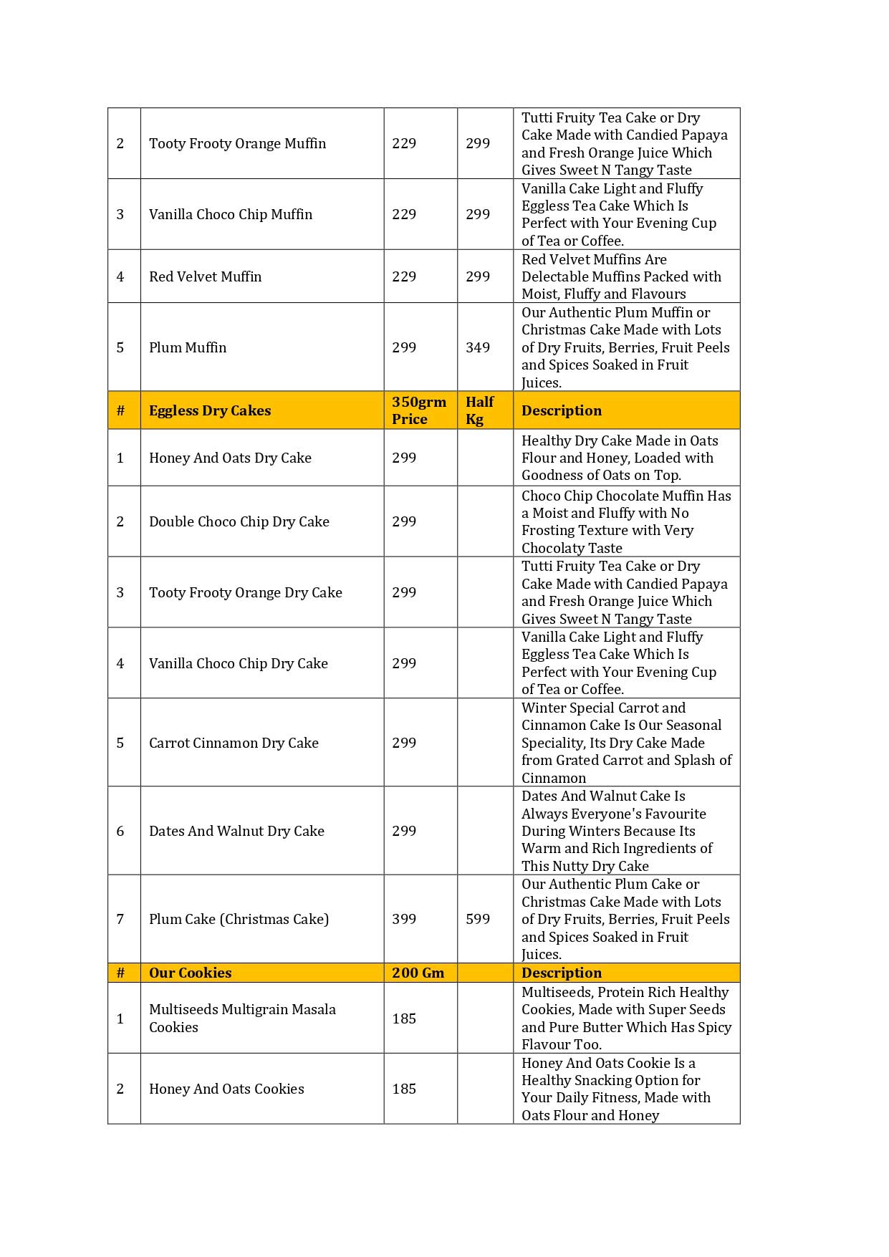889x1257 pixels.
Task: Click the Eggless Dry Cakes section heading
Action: coord(210,410)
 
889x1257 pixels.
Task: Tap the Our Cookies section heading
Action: coord(190,973)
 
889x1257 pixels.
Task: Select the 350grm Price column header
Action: coord(418,410)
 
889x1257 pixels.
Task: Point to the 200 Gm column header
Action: coord(418,973)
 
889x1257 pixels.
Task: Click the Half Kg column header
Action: coord(479,410)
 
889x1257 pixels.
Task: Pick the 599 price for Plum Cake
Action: coord(478,919)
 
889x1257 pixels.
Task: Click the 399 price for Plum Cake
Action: coord(404,919)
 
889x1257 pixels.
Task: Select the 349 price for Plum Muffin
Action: coord(478,347)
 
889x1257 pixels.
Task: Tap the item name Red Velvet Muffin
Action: coord(205,276)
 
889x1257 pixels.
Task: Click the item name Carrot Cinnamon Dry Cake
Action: coord(234,743)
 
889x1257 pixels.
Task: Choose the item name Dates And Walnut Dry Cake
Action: coord(236,831)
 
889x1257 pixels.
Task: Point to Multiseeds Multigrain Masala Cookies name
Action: coord(242,1018)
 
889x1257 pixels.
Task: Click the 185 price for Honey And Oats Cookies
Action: coord(404,1089)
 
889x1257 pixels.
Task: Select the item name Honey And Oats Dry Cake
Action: coord(230,458)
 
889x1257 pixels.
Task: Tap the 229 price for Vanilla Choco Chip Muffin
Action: coord(404,214)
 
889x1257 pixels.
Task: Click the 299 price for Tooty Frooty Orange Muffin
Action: coord(478,143)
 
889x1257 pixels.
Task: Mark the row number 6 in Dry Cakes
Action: coord(120,831)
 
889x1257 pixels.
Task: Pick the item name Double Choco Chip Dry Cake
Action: coord(239,521)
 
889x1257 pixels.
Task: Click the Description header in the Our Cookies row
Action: coord(562,973)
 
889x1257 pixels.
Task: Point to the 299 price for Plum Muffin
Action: coord(404,347)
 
